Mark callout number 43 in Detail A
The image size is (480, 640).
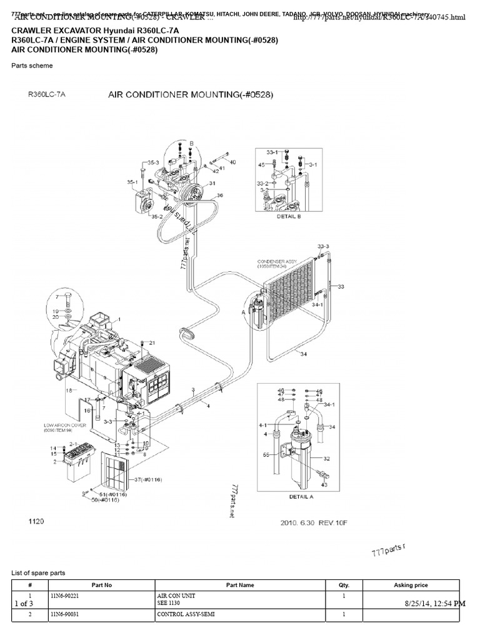point(323,484)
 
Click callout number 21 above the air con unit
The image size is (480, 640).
point(152,342)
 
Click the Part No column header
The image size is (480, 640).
point(101,585)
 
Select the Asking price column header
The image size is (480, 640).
point(411,585)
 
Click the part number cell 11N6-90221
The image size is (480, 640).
point(66,597)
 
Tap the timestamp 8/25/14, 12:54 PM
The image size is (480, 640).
point(434,603)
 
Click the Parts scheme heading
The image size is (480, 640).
point(32,66)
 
